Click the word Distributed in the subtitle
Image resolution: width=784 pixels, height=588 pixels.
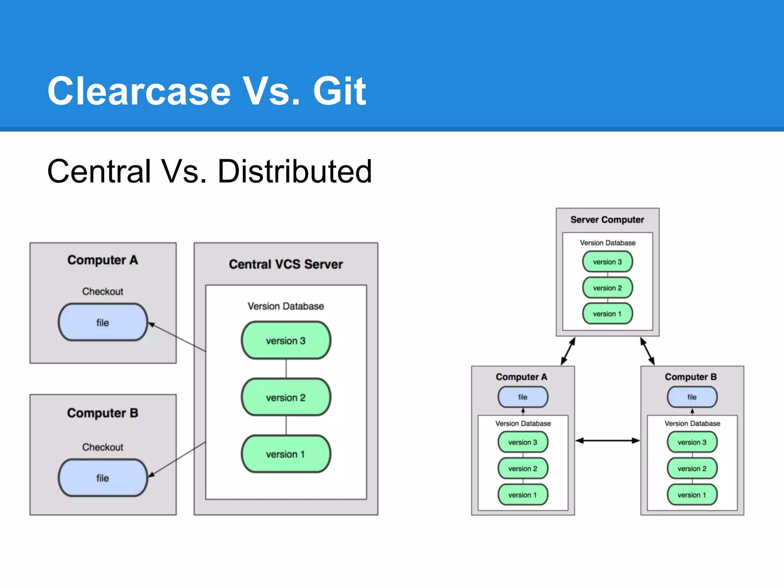295,171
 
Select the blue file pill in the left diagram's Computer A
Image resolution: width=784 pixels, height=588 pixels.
103,322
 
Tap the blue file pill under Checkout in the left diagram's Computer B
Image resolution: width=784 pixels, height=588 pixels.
103,478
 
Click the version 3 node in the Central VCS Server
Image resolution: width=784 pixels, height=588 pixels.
286,340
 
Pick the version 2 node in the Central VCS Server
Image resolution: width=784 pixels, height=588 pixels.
286,397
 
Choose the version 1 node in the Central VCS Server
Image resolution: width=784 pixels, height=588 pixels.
286,454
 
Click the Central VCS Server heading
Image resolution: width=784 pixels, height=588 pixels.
286,264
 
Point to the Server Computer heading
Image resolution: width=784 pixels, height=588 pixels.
607,220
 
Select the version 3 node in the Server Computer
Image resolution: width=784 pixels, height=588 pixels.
607,262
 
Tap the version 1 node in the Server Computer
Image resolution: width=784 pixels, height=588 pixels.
607,314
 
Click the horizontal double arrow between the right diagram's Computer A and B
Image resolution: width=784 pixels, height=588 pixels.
608,441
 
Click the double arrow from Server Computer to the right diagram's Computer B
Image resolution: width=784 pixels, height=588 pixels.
647,351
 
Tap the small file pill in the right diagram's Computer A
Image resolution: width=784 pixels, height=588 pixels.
523,397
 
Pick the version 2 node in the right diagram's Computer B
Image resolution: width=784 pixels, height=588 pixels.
692,469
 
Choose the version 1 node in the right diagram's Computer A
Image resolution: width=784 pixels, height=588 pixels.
523,495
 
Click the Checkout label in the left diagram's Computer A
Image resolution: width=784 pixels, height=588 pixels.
103,292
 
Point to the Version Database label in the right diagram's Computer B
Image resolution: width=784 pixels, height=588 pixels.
692,423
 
